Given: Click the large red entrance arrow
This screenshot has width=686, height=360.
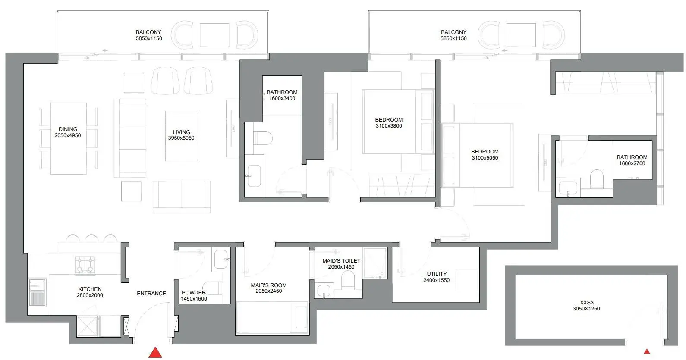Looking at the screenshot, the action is coord(155,353).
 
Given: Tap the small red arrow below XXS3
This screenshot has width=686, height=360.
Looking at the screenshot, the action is coord(647,351).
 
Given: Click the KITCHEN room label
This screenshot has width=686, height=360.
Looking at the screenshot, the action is coord(90,289).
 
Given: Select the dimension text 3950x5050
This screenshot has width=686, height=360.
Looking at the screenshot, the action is coord(181,138).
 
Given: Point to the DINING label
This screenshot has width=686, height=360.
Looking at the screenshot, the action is coord(68,129).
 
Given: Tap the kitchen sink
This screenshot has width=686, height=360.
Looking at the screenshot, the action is coord(38,292).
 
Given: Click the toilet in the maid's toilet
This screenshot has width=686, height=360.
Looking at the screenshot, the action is coord(348,280).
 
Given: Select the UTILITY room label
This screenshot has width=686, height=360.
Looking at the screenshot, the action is coord(437,274).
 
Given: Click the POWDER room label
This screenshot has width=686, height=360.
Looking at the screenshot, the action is coord(194,292).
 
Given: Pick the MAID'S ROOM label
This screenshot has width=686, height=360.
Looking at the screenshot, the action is coord(269,285).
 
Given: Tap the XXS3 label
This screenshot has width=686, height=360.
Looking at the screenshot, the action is coord(586,303).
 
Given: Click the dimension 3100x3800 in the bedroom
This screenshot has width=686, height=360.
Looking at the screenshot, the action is coord(389,126).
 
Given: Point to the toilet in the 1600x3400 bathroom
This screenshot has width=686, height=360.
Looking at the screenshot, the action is coord(263,138).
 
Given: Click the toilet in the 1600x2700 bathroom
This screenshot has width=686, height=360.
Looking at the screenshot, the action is coord(597,179).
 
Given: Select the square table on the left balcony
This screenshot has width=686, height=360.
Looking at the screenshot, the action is coord(214,35).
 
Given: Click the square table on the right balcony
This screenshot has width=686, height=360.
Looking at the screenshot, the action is coord(521,35).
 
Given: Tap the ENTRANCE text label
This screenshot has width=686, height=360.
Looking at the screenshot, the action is coord(151,294).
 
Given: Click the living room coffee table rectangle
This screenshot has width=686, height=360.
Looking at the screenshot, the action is coord(182,136).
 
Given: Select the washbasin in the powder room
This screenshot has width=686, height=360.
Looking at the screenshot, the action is coord(221,259).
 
